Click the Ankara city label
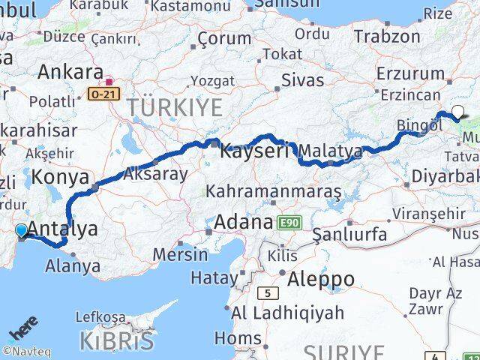70,73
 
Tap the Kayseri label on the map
254,151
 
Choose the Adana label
244,222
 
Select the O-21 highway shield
103,94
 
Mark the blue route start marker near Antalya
21,231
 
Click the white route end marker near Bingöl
457,112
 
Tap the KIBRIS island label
117,340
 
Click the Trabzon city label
386,35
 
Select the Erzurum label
411,73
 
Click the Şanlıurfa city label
350,235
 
